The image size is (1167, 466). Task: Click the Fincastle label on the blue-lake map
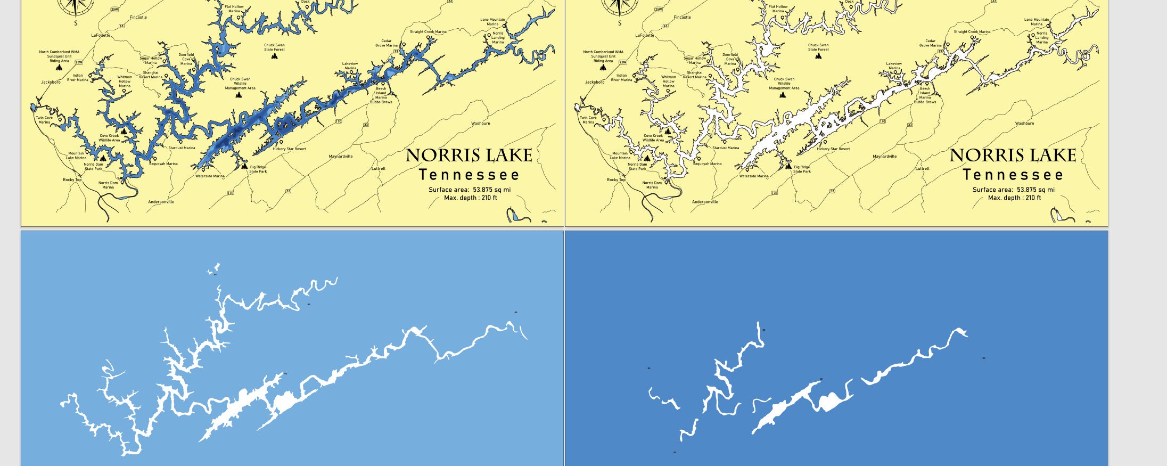(138, 18)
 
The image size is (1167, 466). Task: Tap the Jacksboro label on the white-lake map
(595, 83)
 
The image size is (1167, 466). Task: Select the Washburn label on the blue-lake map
(481, 124)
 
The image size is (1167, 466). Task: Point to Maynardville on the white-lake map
(884, 157)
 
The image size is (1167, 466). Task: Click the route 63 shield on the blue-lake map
(121, 26)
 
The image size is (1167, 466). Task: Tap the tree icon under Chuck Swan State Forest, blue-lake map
(275, 55)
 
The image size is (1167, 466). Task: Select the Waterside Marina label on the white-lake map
(754, 176)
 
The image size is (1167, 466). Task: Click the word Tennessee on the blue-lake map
(469, 175)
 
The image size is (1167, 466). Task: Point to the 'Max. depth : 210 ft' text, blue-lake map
(471, 198)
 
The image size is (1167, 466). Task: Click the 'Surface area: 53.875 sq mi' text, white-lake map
(1013, 190)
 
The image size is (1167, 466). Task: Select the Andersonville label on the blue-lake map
(161, 202)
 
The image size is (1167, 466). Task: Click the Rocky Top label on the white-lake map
(616, 180)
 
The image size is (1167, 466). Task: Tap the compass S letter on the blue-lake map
(76, 23)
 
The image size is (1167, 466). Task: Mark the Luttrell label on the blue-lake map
(378, 169)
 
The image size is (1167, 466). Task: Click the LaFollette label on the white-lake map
(645, 36)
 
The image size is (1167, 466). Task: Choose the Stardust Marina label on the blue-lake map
(182, 148)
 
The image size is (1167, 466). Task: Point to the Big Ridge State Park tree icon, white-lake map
(788, 166)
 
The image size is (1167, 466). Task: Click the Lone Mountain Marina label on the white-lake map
(1037, 22)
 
